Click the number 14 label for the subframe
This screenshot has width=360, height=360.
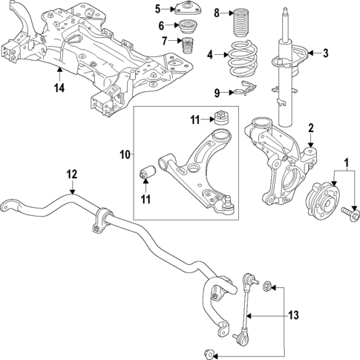59,88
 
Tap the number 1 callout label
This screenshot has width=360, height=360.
344,163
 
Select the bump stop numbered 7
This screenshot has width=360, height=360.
189,53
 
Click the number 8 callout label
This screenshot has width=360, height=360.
217,13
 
